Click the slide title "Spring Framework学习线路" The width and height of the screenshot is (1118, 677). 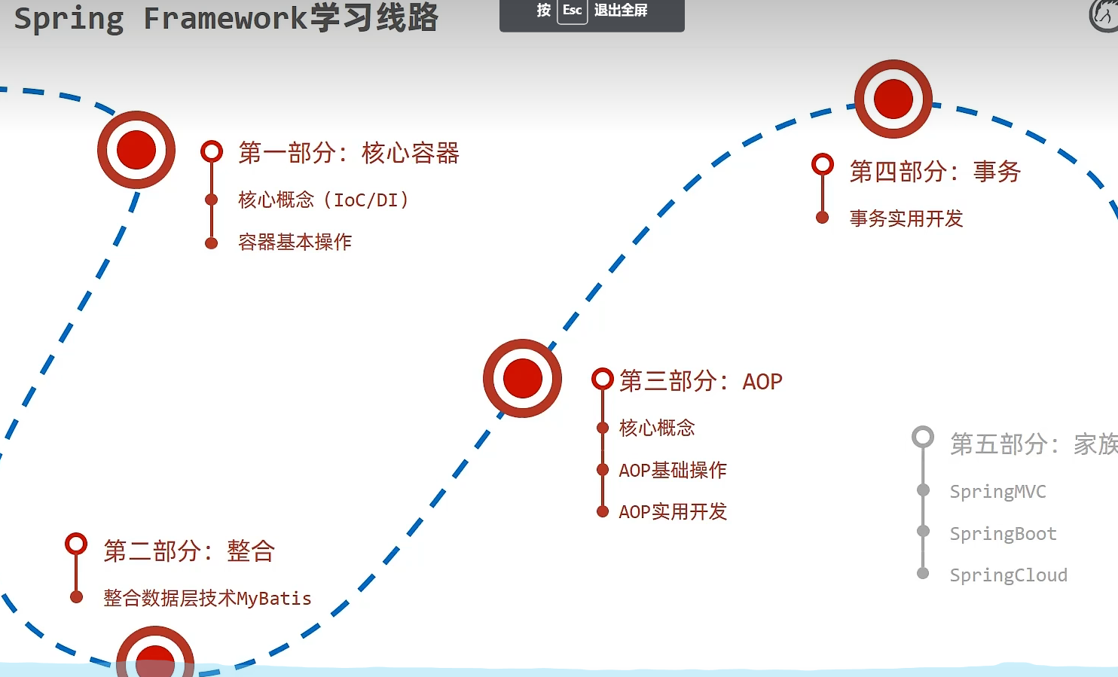click(x=226, y=18)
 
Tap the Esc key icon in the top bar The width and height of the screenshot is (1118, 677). click(x=572, y=11)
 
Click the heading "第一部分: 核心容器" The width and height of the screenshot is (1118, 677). click(x=348, y=153)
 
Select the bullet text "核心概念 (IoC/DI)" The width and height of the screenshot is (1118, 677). click(x=323, y=200)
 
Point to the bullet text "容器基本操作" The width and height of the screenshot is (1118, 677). click(x=295, y=242)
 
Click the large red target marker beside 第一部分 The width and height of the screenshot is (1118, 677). click(x=136, y=150)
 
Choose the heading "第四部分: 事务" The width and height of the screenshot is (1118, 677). click(x=935, y=172)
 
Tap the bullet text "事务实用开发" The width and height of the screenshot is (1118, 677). click(x=906, y=218)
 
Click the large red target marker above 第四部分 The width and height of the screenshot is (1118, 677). click(x=893, y=99)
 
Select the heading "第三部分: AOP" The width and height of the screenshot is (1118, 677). click(x=701, y=381)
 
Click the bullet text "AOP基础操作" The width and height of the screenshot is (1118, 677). click(x=673, y=470)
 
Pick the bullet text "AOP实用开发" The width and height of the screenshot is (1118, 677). click(x=673, y=512)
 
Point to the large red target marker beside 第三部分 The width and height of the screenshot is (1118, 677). click(x=522, y=378)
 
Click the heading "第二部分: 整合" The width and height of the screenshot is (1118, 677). click(x=189, y=551)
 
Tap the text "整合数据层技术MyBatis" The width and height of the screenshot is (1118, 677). click(x=207, y=598)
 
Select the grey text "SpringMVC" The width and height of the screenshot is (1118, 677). click(x=997, y=492)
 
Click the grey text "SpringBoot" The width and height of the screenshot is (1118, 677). click(x=1003, y=534)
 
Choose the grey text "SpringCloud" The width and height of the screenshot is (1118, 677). click(x=1008, y=575)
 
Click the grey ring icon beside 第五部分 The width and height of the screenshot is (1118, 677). click(x=923, y=437)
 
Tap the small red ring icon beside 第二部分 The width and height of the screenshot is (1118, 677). click(x=76, y=543)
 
